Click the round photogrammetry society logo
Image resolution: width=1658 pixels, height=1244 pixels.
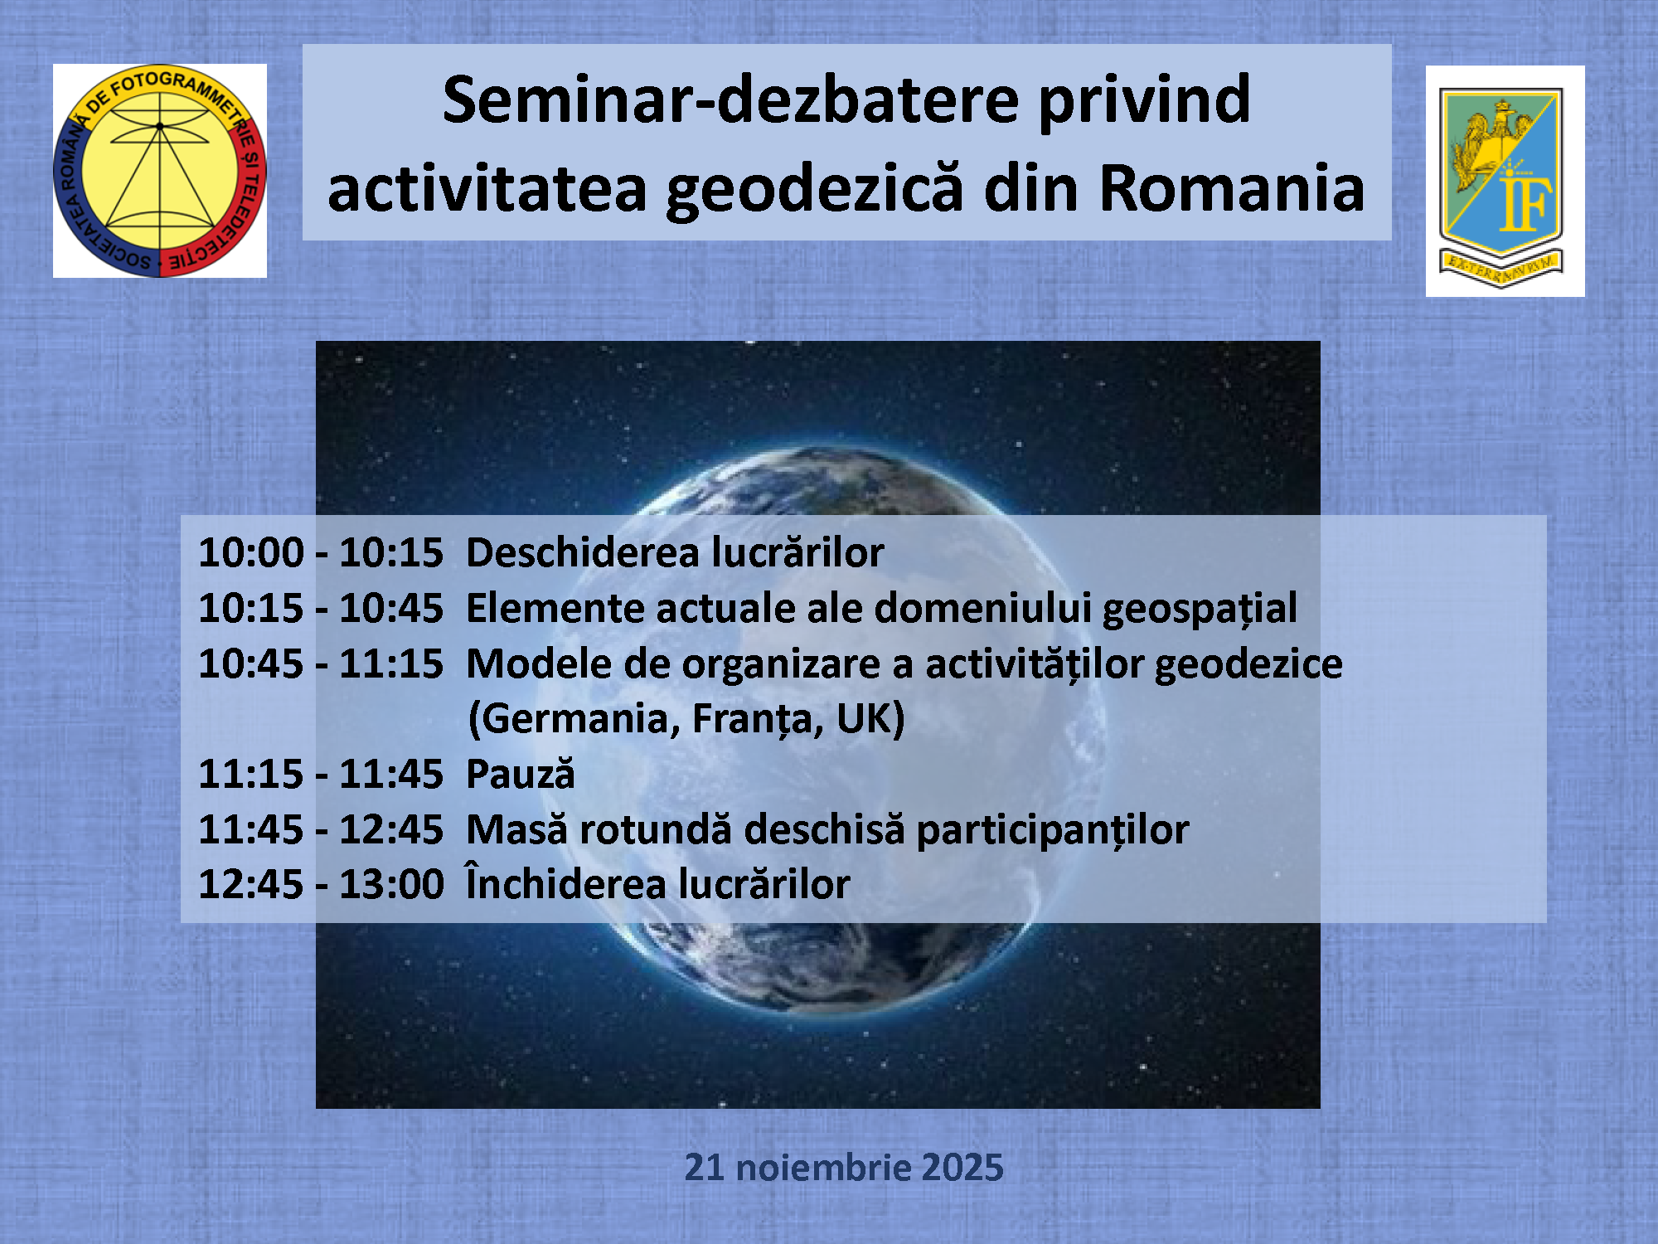[x=160, y=171]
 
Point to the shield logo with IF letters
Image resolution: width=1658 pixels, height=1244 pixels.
[x=1505, y=182]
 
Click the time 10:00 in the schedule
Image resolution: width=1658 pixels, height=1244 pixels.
[x=251, y=552]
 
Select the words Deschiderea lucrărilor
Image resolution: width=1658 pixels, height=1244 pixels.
[x=675, y=552]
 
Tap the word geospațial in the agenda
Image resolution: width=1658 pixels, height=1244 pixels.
[x=1200, y=610]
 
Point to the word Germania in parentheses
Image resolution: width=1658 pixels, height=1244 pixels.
[x=574, y=718]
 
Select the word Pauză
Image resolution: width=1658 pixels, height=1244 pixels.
[x=521, y=773]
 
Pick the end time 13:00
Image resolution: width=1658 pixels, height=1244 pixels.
[x=391, y=884]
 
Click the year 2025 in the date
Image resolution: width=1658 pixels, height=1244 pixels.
[x=962, y=1167]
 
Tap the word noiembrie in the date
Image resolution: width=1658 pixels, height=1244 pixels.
[x=822, y=1167]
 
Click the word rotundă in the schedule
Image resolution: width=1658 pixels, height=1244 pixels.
[x=656, y=829]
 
